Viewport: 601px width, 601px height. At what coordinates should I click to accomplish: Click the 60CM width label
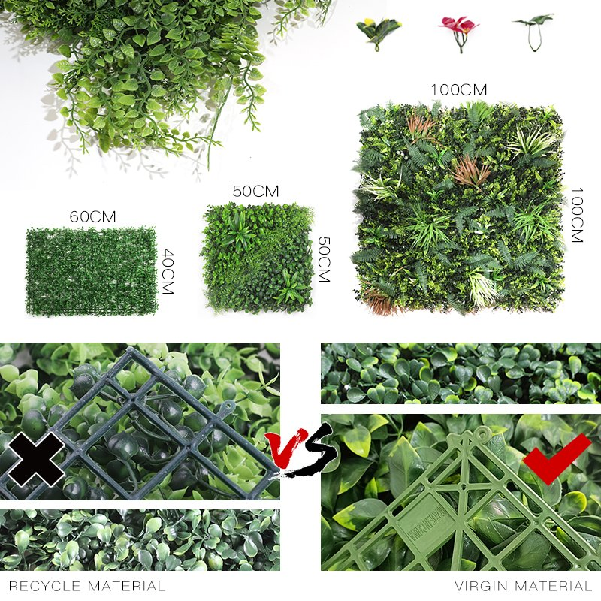[x=92, y=216]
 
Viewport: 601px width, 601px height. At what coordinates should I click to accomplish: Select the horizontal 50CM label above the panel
[x=255, y=192]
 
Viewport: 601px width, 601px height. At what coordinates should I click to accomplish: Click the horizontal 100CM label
[x=458, y=90]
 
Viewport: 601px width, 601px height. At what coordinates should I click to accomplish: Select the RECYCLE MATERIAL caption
[x=87, y=586]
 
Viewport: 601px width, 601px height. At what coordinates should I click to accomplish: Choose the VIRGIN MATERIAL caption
[x=523, y=586]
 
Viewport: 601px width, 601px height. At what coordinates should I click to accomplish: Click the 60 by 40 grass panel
[x=91, y=270]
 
